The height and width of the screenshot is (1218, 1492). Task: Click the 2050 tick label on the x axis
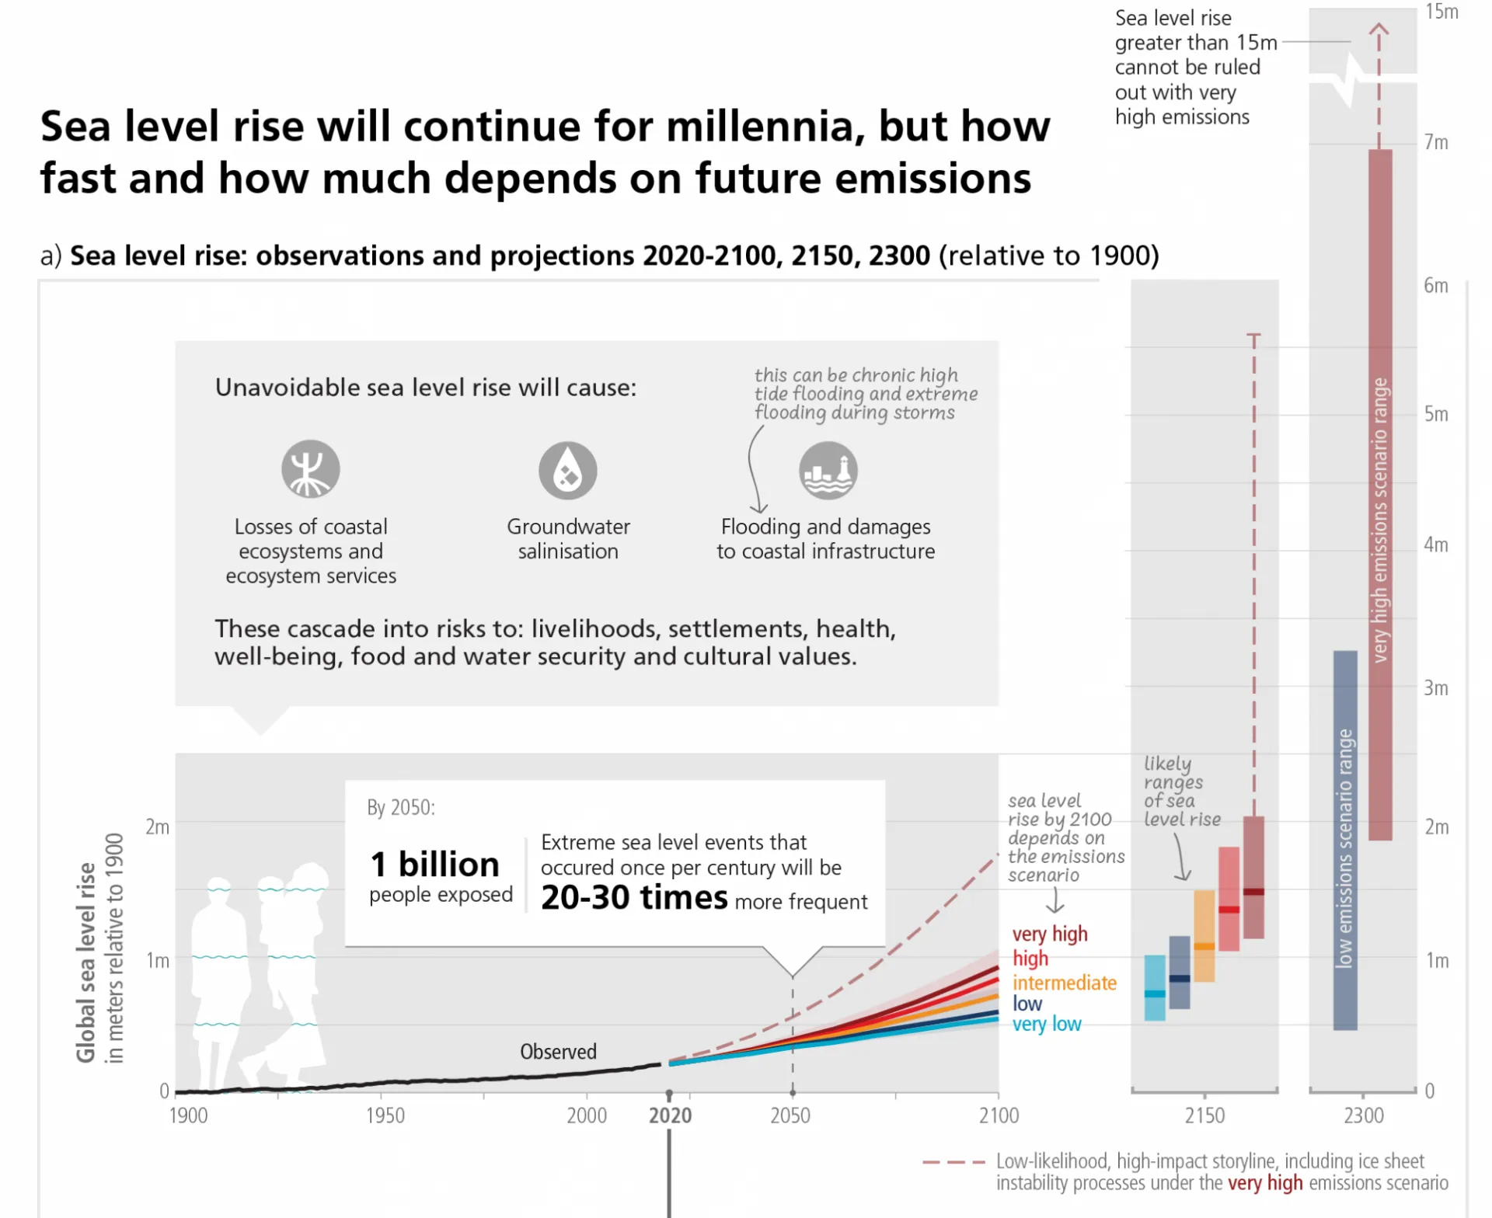[790, 1115]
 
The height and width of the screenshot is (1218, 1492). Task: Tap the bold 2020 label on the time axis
[670, 1115]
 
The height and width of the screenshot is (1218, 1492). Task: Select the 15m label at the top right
[1441, 12]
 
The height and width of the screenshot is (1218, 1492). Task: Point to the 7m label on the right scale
[1436, 142]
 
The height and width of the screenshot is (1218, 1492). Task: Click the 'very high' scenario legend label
[1049, 934]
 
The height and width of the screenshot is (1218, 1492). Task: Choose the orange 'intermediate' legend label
[1064, 983]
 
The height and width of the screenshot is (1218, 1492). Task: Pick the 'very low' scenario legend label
[1046, 1024]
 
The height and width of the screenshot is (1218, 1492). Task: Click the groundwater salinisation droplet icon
[568, 470]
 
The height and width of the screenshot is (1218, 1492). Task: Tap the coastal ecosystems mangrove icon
[310, 468]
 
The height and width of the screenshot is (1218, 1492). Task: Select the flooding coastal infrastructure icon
[828, 470]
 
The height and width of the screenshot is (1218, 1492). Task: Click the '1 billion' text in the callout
[434, 864]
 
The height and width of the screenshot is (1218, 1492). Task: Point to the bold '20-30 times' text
[634, 897]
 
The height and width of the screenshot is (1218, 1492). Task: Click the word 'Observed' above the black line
[558, 1052]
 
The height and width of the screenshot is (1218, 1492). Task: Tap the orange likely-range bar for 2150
[1204, 936]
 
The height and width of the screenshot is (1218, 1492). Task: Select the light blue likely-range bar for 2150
[1155, 987]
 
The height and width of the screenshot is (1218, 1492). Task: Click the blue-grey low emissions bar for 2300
[1345, 840]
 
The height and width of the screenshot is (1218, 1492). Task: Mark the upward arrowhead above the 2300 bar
[1379, 30]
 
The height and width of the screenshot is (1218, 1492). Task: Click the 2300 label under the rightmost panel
[1364, 1115]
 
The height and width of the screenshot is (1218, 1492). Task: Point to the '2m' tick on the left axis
[157, 826]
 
